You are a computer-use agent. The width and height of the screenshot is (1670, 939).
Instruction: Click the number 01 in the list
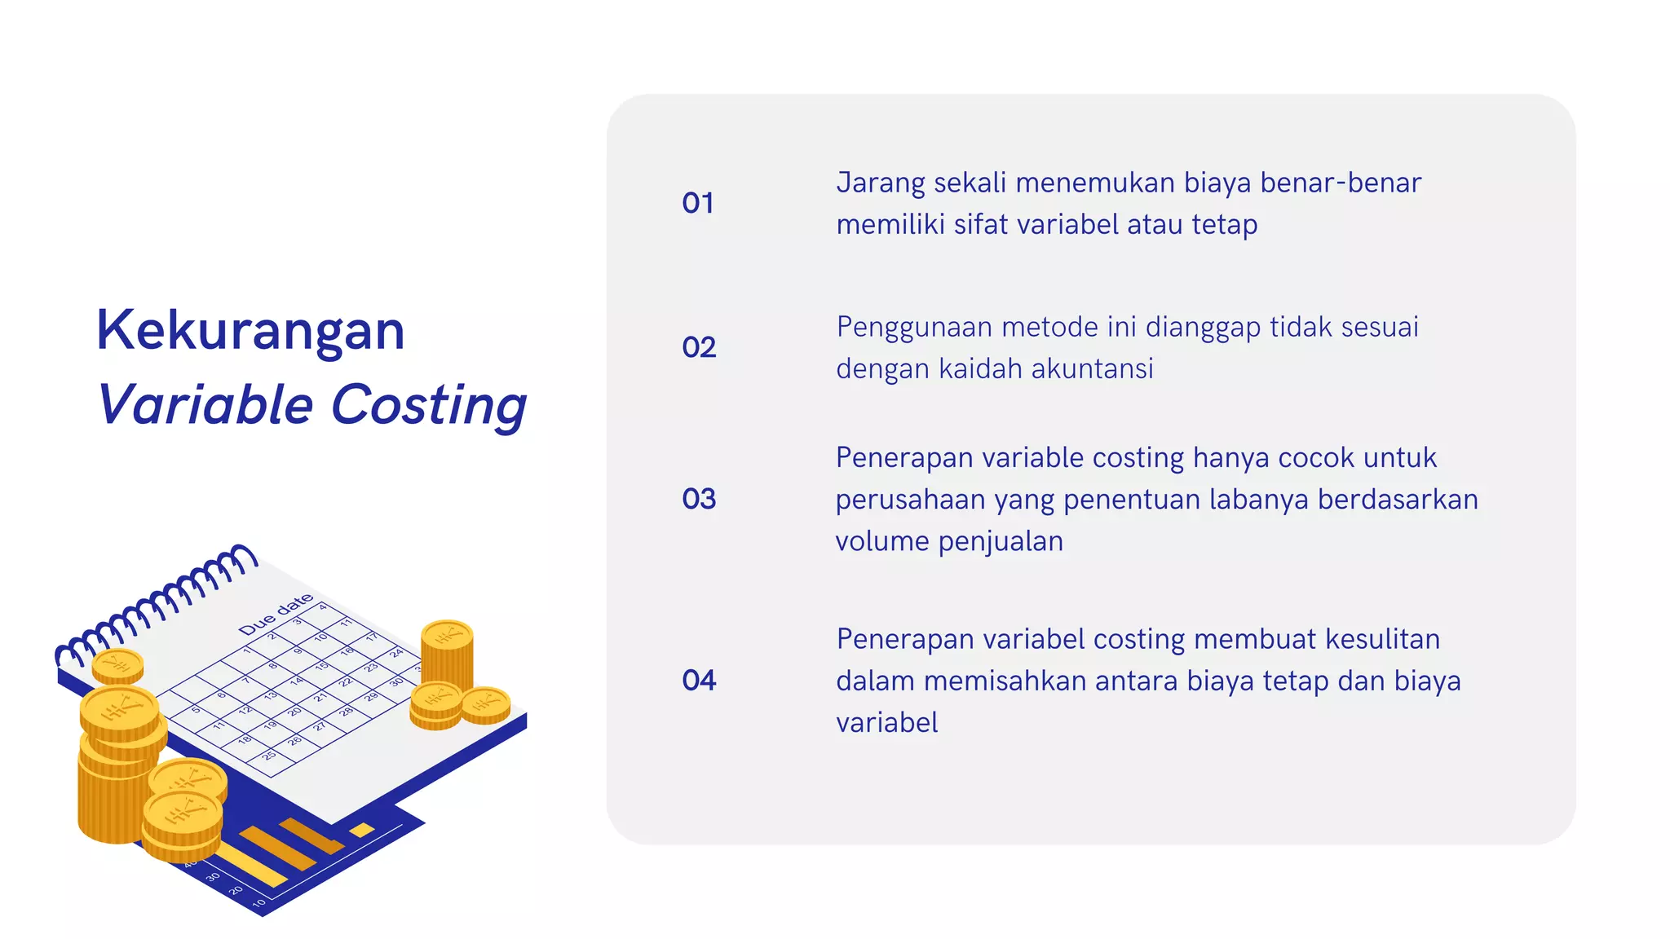698,203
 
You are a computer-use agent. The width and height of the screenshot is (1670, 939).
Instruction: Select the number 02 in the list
699,347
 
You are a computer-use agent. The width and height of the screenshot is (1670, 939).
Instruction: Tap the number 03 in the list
699,499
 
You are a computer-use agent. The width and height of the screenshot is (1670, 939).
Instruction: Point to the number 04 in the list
699,681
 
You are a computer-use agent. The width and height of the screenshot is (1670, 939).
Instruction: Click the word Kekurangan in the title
250,331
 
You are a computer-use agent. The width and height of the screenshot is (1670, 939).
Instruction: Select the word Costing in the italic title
429,405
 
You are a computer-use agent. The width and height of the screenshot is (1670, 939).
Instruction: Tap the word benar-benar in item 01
1341,183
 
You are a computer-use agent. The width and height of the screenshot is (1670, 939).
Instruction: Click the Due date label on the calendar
276,614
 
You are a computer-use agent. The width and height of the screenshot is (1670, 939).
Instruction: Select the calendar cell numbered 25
268,756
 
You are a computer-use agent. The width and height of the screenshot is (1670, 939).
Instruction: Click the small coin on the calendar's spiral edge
118,665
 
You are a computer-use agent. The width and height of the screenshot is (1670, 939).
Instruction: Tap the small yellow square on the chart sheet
362,830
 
